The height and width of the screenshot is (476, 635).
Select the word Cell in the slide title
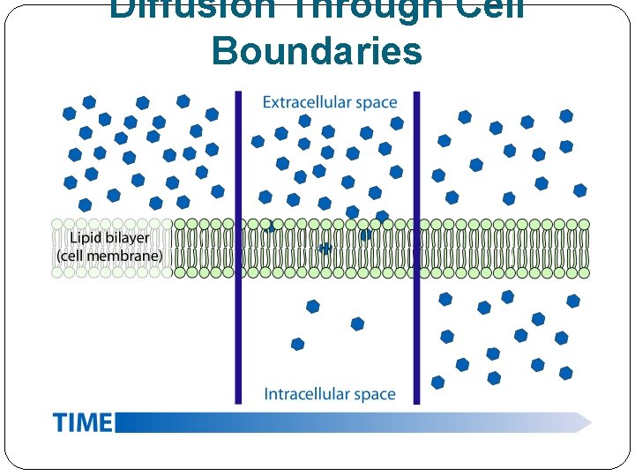coord(489,9)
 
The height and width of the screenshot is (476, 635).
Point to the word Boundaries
coord(317,50)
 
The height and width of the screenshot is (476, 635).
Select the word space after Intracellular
coord(374,394)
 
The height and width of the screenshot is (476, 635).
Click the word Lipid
coord(77,238)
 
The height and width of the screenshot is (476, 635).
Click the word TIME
coord(83,422)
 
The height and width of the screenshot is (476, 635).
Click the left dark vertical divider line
coord(238,247)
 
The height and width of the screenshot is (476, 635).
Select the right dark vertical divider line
coord(417,247)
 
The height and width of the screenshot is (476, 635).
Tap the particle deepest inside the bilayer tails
coord(325,249)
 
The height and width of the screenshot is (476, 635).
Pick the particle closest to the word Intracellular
coord(297,344)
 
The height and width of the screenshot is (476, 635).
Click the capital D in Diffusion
coord(123,9)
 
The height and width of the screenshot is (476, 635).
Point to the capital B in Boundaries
coord(224,50)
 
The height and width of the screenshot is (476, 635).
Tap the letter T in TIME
coord(60,422)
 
